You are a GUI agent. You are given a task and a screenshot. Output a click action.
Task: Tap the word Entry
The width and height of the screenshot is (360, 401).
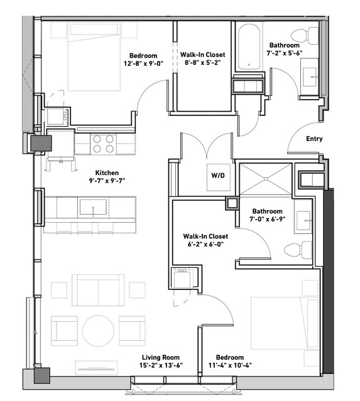[314, 139]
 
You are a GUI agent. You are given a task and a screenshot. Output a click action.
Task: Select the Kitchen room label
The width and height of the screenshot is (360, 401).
[107, 173]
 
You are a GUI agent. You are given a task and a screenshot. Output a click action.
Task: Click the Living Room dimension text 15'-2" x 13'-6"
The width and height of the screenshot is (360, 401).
[161, 365]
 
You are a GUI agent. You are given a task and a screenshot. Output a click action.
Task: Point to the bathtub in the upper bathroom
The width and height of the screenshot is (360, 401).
[249, 47]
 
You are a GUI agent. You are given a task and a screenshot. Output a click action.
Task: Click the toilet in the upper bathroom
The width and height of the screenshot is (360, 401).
[304, 36]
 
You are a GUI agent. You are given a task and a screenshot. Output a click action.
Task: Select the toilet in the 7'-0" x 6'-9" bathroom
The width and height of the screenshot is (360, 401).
[298, 249]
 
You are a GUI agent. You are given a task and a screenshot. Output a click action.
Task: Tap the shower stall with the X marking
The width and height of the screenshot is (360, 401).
[266, 178]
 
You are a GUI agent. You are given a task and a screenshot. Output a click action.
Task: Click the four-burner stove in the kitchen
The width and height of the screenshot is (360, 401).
[103, 144]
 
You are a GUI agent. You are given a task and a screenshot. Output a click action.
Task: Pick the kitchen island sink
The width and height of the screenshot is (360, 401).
[93, 207]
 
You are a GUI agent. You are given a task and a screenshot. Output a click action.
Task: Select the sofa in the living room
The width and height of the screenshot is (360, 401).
[98, 290]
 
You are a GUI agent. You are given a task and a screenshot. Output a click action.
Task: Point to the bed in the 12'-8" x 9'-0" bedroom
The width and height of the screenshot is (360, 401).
[94, 56]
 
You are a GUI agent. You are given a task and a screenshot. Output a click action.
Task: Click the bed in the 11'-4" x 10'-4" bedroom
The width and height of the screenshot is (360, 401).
[285, 323]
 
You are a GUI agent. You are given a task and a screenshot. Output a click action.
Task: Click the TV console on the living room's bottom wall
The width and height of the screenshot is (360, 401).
[97, 368]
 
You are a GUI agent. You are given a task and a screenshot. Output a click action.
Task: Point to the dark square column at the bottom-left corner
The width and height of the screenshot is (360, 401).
[41, 376]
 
